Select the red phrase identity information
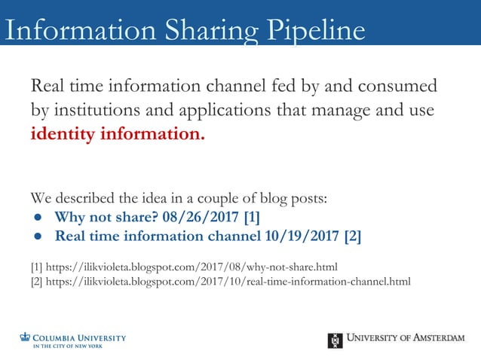[x=118, y=136]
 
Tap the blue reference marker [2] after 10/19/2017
[x=351, y=236]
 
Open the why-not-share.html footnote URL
[x=191, y=267]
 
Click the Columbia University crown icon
[x=25, y=337]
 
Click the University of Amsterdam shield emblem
[x=335, y=340]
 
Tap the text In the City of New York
[x=67, y=346]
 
